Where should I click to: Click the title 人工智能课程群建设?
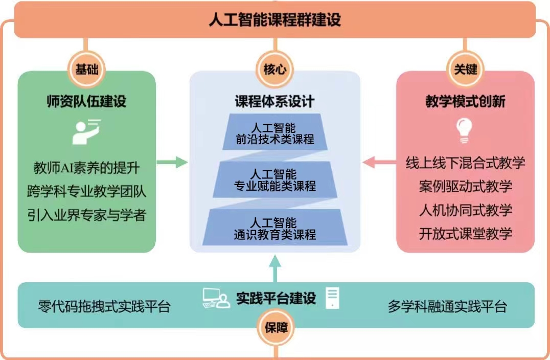(274, 20)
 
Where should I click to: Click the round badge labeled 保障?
(276, 328)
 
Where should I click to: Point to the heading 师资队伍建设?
(86, 101)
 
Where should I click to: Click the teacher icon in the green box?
(85, 131)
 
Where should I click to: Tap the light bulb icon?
(465, 129)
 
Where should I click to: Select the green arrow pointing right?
(172, 163)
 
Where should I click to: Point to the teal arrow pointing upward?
(275, 268)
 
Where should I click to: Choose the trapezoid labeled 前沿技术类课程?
(275, 132)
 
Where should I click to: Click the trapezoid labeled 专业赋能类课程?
(275, 179)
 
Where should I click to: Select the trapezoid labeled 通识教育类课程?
(275, 228)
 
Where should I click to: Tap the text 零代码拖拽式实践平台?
(104, 306)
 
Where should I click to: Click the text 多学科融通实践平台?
(447, 306)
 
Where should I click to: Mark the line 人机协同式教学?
(465, 210)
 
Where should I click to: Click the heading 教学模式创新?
(465, 101)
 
